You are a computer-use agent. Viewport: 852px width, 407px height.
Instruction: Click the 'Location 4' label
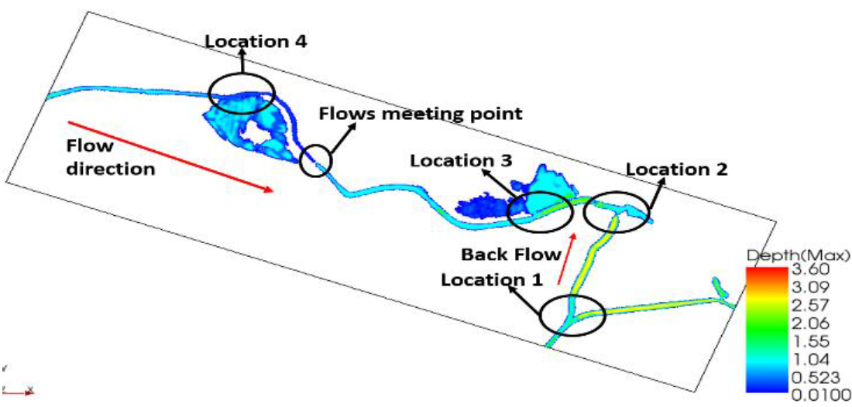(256, 41)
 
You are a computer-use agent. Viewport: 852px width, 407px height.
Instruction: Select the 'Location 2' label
(676, 168)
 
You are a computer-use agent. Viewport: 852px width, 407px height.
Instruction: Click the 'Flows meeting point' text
(421, 114)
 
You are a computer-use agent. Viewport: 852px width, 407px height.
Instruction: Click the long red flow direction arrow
(170, 158)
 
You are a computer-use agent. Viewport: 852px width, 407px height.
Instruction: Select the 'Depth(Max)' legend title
(799, 255)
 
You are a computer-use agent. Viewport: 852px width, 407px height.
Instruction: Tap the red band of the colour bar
(764, 275)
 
